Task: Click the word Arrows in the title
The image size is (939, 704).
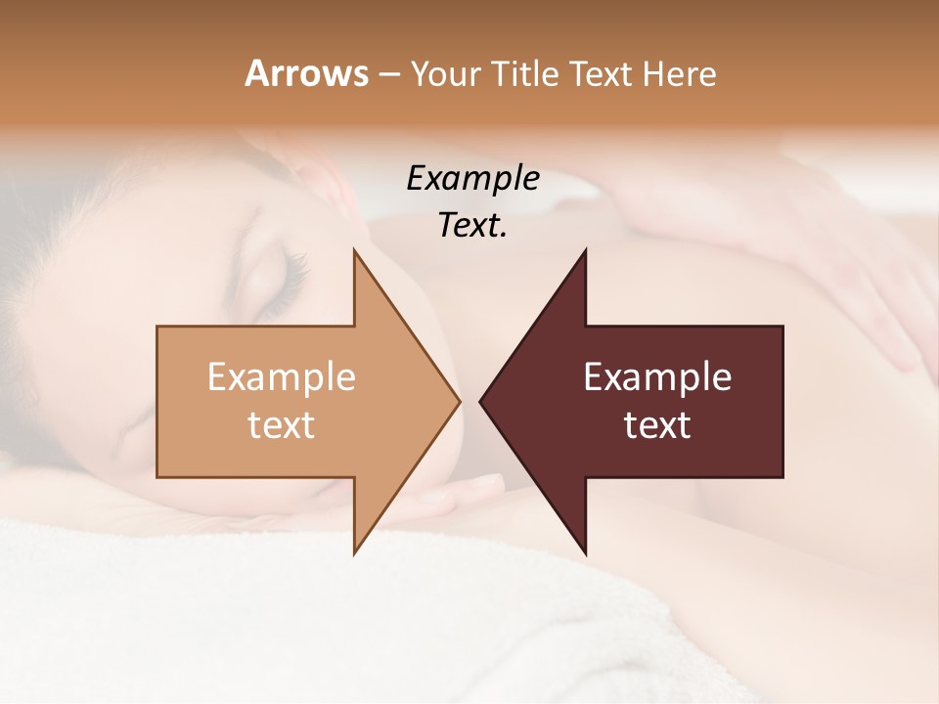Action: (x=305, y=73)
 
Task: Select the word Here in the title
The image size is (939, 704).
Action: (x=679, y=73)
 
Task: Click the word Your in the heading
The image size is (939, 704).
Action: (x=444, y=74)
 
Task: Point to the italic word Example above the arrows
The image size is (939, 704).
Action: (x=472, y=179)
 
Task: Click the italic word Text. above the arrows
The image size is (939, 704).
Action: (x=472, y=225)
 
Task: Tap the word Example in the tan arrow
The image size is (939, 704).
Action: (x=281, y=377)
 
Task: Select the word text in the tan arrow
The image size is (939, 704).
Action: (x=281, y=424)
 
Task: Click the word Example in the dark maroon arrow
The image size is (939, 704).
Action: (x=657, y=377)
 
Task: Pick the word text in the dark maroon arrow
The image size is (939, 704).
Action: (x=657, y=424)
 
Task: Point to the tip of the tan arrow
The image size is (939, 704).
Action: (x=458, y=401)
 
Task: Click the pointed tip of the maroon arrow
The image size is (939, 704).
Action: (x=481, y=401)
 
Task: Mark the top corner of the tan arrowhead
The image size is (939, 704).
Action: (x=354, y=250)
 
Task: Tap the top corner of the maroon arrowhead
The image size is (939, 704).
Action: (x=585, y=250)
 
